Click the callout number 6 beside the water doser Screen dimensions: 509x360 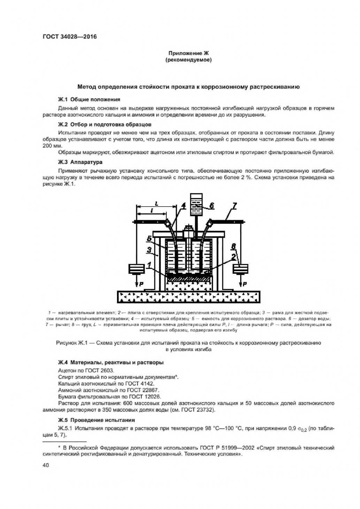pos(212,206)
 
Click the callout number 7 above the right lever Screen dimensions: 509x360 pos(234,206)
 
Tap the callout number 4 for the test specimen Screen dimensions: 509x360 pos(184,206)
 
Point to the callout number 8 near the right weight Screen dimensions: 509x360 pos(233,247)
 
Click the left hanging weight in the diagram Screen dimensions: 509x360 pos(136,269)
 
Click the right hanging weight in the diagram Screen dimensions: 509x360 pos(240,269)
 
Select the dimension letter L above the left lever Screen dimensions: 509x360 pos(156,204)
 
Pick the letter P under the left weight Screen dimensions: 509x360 pos(141,284)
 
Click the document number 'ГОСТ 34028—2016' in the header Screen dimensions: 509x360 pos(70,37)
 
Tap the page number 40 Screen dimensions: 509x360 pos(46,465)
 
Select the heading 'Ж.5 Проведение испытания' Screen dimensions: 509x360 pos(97,420)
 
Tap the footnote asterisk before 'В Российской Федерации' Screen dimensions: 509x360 pos(59,447)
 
